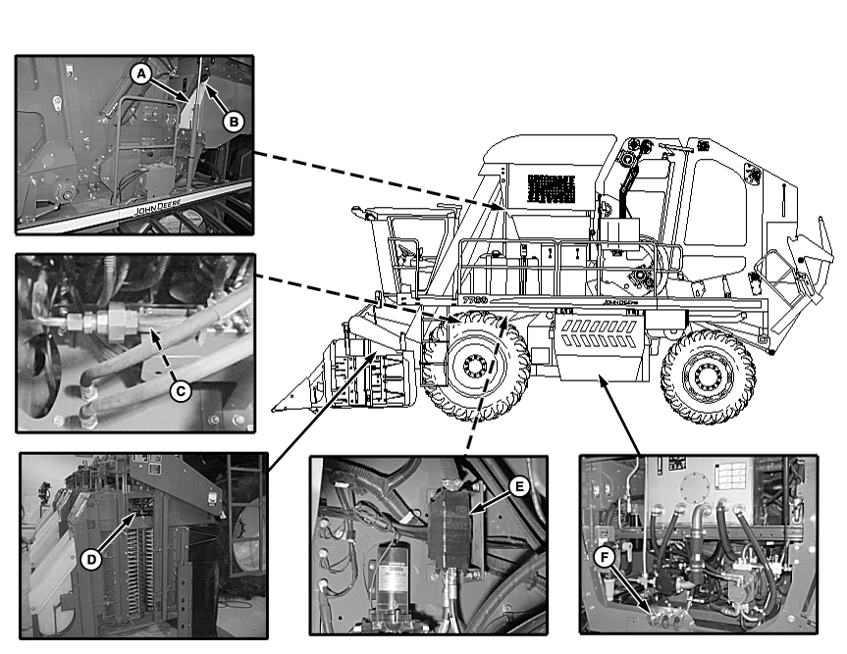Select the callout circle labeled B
tap(234, 122)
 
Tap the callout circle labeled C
tap(180, 389)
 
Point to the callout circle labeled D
tap(89, 559)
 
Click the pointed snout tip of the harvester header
tap(278, 404)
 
